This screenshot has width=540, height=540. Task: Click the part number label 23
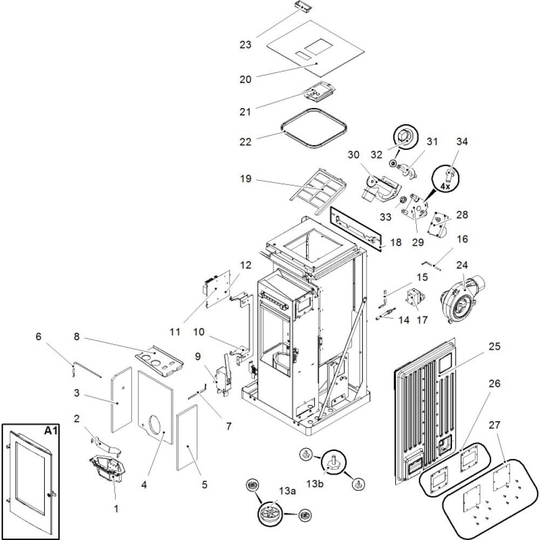246,45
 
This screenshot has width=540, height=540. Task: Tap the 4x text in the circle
446,185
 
